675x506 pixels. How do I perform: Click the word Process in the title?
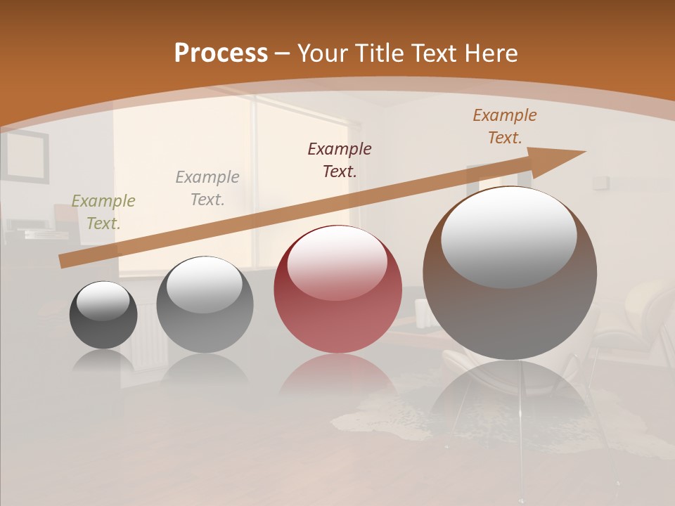(x=221, y=53)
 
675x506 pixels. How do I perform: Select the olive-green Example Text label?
(x=103, y=212)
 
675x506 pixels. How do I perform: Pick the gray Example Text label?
(x=207, y=188)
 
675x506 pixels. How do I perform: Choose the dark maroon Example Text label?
(x=340, y=160)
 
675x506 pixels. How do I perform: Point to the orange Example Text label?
(x=505, y=126)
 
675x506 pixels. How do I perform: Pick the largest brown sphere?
(x=510, y=309)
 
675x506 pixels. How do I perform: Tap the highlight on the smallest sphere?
(x=103, y=301)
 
